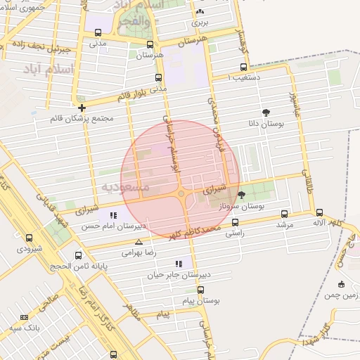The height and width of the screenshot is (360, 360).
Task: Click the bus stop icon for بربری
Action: coord(200,11)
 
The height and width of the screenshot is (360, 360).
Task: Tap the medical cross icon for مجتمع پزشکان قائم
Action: coord(82,108)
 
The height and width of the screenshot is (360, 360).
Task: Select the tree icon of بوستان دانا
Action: coord(266,112)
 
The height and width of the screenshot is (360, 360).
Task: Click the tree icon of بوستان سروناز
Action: coord(242,195)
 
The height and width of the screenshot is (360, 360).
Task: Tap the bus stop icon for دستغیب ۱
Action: coord(234,68)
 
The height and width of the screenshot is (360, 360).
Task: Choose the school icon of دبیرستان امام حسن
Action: coord(114,215)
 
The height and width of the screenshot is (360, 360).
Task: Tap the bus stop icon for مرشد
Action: coord(284,214)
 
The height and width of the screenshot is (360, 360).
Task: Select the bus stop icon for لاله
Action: coord(320,212)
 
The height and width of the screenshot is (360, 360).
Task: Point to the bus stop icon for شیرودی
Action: coord(29,238)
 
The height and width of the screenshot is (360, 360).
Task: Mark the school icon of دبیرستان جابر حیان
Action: coord(179,264)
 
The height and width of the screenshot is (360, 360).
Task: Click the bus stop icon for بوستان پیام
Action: coord(201,290)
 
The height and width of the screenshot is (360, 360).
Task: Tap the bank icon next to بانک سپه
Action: coord(24,318)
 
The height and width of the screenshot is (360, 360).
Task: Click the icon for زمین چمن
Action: coord(342,284)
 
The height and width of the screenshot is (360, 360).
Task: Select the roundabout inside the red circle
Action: coord(181,193)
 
